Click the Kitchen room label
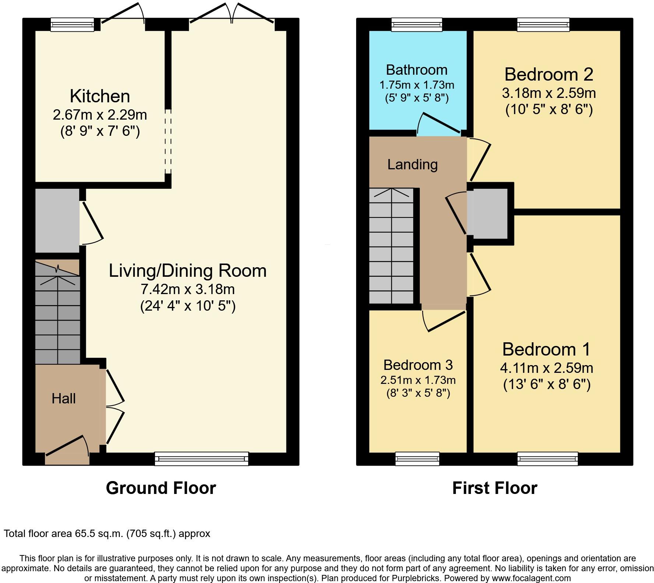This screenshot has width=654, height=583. (x=100, y=96)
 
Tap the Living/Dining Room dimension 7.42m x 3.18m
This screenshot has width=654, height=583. (x=188, y=289)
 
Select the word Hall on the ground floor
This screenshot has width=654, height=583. (x=64, y=399)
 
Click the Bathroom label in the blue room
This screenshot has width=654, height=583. (x=416, y=70)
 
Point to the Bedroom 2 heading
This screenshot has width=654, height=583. (x=549, y=74)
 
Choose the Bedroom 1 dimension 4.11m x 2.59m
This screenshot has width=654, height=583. (x=546, y=368)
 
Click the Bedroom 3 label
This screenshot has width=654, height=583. (x=418, y=365)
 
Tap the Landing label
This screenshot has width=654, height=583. (x=412, y=165)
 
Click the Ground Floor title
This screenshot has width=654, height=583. (x=161, y=488)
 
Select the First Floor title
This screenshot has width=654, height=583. (x=495, y=488)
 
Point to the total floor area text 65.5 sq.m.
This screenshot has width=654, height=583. (x=107, y=533)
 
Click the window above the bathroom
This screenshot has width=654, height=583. (x=416, y=25)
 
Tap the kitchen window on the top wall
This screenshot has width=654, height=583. (x=73, y=24)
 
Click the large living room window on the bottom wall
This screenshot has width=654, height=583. (x=201, y=459)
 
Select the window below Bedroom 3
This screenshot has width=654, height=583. (x=417, y=459)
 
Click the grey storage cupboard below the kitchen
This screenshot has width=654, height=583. (x=57, y=220)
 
